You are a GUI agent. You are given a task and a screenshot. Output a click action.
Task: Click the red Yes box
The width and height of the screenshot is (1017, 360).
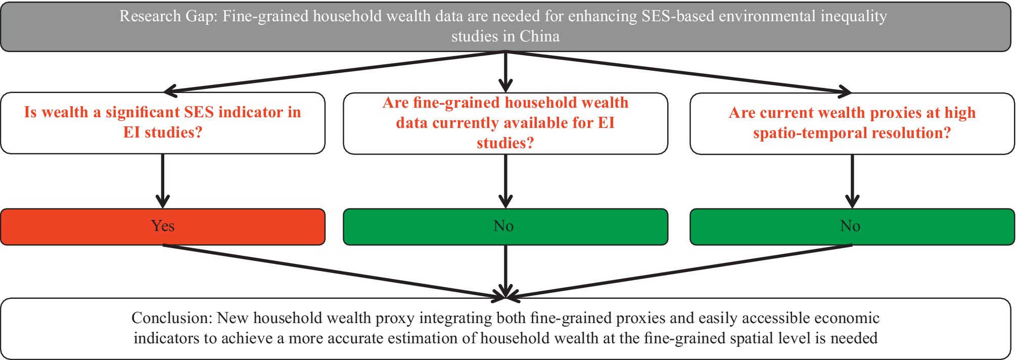pyautogui.click(x=162, y=227)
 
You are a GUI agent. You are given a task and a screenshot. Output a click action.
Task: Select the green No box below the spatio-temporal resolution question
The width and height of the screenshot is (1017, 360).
pyautogui.click(x=852, y=227)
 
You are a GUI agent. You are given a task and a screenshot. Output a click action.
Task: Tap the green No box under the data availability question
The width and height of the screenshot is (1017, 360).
pyautogui.click(x=505, y=227)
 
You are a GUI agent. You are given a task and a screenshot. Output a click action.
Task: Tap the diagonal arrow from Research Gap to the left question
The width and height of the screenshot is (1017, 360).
pyautogui.click(x=334, y=72)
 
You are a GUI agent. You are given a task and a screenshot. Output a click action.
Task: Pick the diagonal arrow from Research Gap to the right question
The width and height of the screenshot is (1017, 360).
pyautogui.click(x=677, y=72)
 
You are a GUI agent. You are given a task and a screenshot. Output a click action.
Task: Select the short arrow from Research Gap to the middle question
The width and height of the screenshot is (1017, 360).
pyautogui.click(x=505, y=71)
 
